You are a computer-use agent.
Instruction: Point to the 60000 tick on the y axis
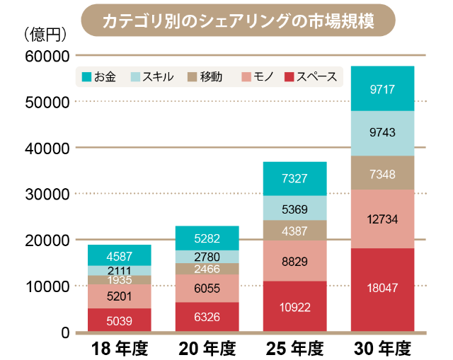[x=46, y=56]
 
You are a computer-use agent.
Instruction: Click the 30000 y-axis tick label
[x=46, y=194]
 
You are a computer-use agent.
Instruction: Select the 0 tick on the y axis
[x=63, y=332]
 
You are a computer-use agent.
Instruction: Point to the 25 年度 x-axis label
[x=294, y=349]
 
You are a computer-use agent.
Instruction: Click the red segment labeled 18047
[x=382, y=289]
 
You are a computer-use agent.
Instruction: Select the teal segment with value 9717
[x=382, y=89]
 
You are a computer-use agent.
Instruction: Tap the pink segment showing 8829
[x=294, y=261]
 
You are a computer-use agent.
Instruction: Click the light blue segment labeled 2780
[x=207, y=257]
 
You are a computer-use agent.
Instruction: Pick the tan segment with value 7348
[x=382, y=173]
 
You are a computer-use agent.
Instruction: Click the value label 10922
[x=294, y=307]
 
